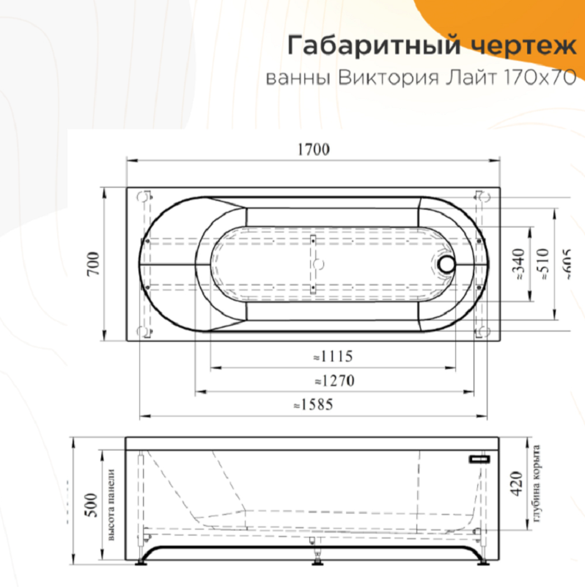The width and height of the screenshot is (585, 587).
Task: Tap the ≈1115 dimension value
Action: (x=333, y=357)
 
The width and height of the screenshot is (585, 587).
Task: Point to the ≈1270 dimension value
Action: (x=334, y=382)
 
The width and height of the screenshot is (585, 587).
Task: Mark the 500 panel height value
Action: (x=92, y=506)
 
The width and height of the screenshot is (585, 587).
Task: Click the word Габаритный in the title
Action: (x=371, y=45)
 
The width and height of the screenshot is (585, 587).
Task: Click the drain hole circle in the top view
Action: (x=446, y=264)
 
